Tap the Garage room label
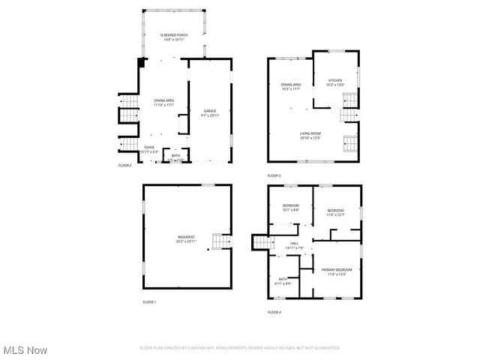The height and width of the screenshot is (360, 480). click(209, 113)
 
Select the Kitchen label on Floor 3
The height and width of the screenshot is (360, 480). click(334, 82)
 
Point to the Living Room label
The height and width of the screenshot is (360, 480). click(310, 136)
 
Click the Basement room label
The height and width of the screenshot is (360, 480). click(186, 239)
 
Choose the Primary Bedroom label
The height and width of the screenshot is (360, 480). click(336, 271)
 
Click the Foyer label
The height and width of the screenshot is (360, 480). click(149, 149)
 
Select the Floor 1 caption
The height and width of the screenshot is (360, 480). click(149, 301)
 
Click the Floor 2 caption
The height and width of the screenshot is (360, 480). click(125, 165)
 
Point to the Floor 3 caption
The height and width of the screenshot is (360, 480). click(274, 175)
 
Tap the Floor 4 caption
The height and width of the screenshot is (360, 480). click(274, 311)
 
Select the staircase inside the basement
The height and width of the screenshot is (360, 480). click(219, 241)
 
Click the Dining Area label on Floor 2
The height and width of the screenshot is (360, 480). click(164, 103)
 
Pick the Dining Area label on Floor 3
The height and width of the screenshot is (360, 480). click(291, 87)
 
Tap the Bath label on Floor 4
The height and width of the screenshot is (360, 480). click(283, 280)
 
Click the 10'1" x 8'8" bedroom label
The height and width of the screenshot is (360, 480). click(290, 208)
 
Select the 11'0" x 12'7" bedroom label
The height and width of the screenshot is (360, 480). click(335, 212)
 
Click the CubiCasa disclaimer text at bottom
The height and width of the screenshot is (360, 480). click(240, 347)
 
